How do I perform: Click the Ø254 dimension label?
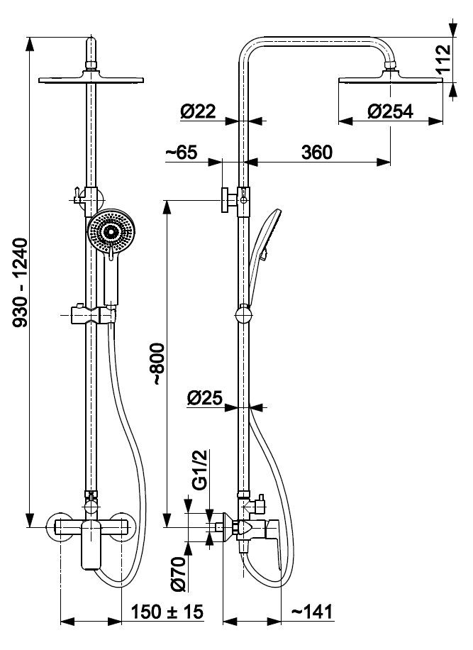(x=390, y=111)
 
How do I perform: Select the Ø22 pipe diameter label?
(x=198, y=111)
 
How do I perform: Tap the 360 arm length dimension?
(x=317, y=152)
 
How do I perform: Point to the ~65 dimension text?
(x=182, y=152)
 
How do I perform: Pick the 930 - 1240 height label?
(x=21, y=282)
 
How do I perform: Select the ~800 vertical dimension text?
(x=160, y=364)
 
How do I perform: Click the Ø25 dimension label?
(x=205, y=398)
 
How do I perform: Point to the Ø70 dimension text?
(x=178, y=574)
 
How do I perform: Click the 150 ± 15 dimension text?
(x=167, y=612)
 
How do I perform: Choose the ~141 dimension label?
(x=312, y=612)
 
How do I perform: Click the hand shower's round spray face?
(x=111, y=231)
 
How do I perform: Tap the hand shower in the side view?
(x=261, y=257)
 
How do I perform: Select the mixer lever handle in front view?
(x=91, y=545)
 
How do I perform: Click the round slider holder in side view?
(x=243, y=314)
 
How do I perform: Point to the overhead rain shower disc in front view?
(x=91, y=79)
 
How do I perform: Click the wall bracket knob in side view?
(x=230, y=200)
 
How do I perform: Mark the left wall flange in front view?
(x=61, y=527)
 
